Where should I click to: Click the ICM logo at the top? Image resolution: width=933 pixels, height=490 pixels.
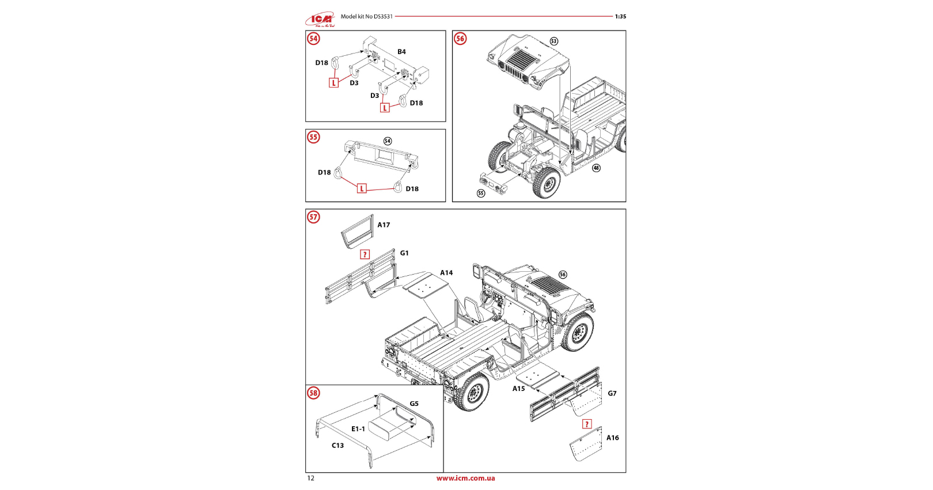click(320, 19)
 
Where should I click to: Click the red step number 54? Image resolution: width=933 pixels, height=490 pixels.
click(313, 39)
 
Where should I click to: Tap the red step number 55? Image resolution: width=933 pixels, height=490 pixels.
click(313, 137)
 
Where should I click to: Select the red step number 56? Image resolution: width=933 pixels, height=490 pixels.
click(460, 39)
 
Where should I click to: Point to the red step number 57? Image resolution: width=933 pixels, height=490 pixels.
click(313, 217)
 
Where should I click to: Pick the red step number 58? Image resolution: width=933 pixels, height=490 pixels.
click(313, 393)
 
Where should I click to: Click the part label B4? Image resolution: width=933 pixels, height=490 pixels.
click(401, 52)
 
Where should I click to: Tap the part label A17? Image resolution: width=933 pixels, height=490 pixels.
click(384, 225)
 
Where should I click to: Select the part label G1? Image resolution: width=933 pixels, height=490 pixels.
click(404, 253)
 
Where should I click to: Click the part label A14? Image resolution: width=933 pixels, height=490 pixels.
click(446, 273)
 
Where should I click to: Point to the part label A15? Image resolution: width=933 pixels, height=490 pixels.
click(518, 389)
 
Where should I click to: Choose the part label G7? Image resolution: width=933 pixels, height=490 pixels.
click(612, 393)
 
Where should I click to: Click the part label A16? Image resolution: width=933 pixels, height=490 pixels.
click(613, 438)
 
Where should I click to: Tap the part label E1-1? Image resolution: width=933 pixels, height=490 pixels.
click(358, 429)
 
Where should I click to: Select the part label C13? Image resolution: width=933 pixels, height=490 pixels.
click(338, 446)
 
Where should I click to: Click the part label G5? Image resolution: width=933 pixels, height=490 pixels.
click(414, 404)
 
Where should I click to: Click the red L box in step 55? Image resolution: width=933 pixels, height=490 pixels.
click(362, 189)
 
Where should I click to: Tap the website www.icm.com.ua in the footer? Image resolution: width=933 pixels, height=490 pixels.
click(466, 478)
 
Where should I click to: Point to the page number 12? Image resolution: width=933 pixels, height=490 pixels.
click(311, 478)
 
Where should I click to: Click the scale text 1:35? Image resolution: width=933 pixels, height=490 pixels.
click(621, 17)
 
